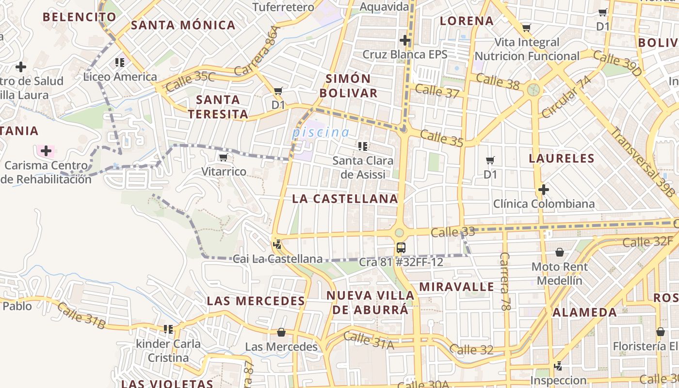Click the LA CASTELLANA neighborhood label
(x=345, y=199)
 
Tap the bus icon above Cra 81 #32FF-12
(x=401, y=248)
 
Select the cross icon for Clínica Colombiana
(x=544, y=189)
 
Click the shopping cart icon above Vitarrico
(x=223, y=157)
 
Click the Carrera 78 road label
(x=505, y=281)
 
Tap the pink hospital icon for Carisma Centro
(x=46, y=151)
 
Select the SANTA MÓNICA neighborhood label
(x=183, y=25)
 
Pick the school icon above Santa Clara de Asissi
(x=362, y=145)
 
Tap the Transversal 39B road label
(x=643, y=162)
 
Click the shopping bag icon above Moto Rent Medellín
(x=560, y=252)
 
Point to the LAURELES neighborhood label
(x=562, y=159)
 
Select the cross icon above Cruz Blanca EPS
(x=405, y=40)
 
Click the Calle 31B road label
(x=81, y=316)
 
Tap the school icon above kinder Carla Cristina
(x=168, y=329)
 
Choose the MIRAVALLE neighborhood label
(x=457, y=287)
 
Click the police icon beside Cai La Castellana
(x=277, y=245)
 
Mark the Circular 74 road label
(x=566, y=97)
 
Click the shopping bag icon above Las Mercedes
(x=281, y=332)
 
